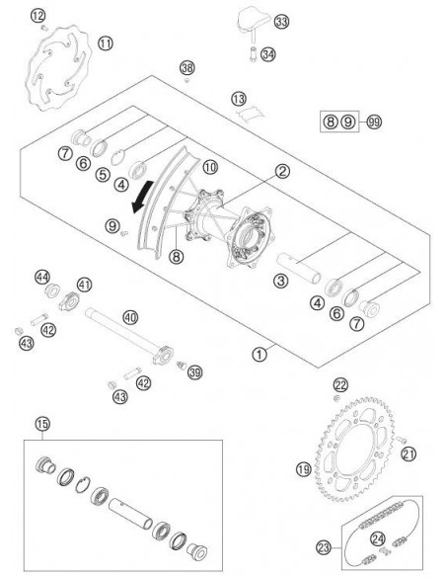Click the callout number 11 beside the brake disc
click(x=106, y=43)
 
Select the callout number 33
click(x=281, y=22)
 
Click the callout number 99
click(x=374, y=122)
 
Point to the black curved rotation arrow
click(x=141, y=198)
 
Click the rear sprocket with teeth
click(x=355, y=449)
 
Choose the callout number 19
click(x=304, y=469)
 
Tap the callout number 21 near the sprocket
click(x=409, y=453)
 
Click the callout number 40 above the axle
click(x=130, y=317)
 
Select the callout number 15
click(x=42, y=424)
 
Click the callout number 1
click(x=260, y=355)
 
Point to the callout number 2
click(x=282, y=171)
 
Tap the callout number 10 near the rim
click(x=210, y=167)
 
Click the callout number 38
click(x=187, y=68)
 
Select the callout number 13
click(x=239, y=99)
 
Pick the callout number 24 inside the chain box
click(x=378, y=539)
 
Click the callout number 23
click(x=324, y=547)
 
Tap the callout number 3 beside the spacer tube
click(x=280, y=282)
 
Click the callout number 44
click(x=42, y=277)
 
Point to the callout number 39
click(x=194, y=372)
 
